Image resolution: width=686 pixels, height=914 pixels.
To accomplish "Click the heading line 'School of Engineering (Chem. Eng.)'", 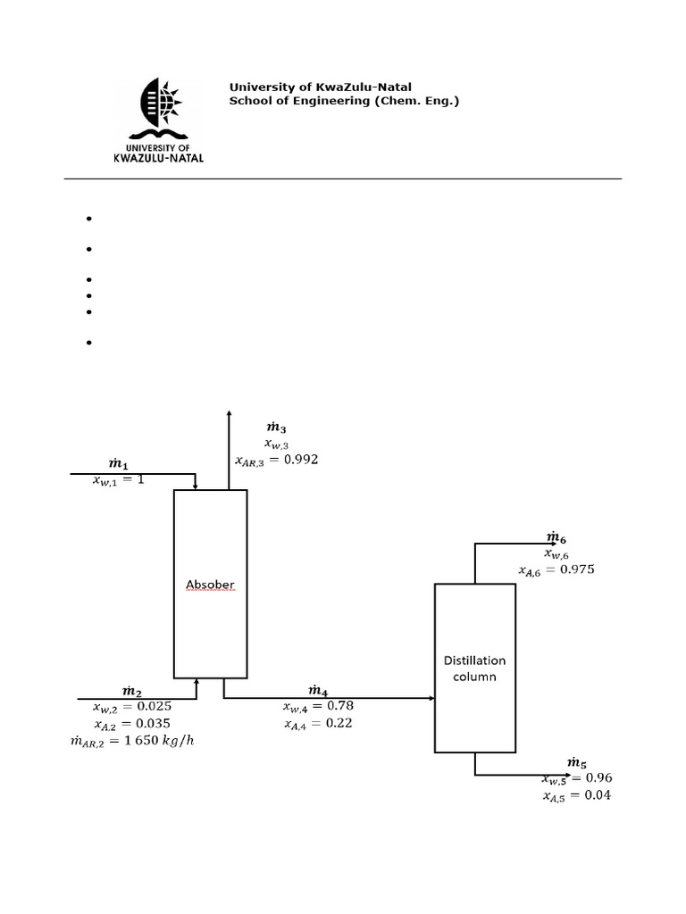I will (344, 102).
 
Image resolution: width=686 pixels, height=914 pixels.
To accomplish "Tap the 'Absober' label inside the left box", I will (210, 586).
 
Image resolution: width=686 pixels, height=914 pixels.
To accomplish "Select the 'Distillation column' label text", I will (474, 669).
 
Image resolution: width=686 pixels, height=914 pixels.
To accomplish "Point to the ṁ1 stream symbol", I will (119, 464).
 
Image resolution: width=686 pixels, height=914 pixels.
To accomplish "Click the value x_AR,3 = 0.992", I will (276, 460).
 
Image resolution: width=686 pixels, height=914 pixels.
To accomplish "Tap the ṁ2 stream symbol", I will (132, 691).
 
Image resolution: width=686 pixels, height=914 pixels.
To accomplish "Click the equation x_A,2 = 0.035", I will (132, 724).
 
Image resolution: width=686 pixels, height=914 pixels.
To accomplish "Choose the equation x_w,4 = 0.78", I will (317, 707).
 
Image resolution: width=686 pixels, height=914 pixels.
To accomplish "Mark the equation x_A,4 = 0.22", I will (317, 724).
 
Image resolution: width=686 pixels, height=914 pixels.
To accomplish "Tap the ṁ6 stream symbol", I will (556, 537).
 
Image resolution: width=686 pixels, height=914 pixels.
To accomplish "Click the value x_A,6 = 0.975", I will (556, 569).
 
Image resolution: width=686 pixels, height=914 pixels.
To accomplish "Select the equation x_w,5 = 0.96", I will (576, 778).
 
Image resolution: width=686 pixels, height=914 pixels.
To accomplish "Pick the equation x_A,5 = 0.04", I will (576, 795).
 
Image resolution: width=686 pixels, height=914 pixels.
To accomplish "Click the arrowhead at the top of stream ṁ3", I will (229, 412).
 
